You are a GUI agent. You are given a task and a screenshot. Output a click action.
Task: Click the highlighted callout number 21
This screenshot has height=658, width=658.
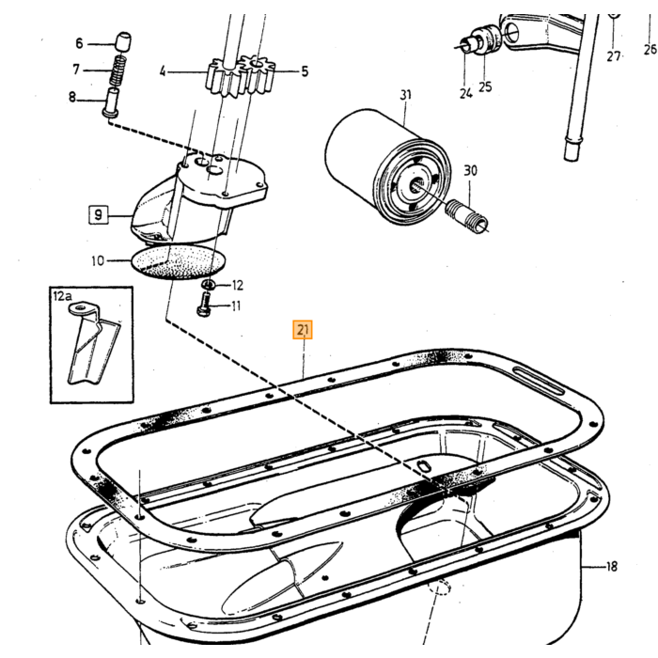click(x=303, y=329)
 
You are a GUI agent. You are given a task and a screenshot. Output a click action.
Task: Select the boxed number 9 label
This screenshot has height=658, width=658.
click(x=98, y=215)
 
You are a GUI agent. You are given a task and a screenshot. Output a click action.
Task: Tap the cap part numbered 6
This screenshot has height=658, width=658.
click(x=122, y=40)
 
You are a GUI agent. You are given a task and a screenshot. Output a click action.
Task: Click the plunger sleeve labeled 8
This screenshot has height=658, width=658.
click(x=112, y=102)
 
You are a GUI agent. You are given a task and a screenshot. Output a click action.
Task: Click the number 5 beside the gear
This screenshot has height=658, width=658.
click(x=305, y=71)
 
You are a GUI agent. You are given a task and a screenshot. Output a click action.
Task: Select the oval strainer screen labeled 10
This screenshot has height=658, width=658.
click(x=179, y=262)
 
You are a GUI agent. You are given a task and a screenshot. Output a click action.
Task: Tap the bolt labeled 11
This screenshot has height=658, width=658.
click(x=204, y=304)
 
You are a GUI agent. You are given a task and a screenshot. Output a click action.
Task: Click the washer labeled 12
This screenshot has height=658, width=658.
click(x=209, y=285)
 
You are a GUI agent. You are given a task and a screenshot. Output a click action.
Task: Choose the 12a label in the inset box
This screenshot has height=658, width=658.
click(x=62, y=296)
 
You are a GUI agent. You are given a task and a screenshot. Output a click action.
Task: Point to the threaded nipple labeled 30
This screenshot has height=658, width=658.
click(x=467, y=214)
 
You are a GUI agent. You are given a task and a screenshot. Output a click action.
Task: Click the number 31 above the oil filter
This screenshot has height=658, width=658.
click(x=405, y=95)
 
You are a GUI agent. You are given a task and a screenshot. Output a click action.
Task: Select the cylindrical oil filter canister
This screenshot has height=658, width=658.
click(x=388, y=166)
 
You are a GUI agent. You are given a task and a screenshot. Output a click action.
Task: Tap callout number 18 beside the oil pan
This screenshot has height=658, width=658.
click(x=612, y=567)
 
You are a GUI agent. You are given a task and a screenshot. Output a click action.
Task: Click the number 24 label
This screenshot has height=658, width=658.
click(x=466, y=93)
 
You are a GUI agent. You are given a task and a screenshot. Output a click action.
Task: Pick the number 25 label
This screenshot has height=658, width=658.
click(x=485, y=86)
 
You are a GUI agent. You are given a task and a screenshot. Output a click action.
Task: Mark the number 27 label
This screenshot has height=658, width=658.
click(x=613, y=55)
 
